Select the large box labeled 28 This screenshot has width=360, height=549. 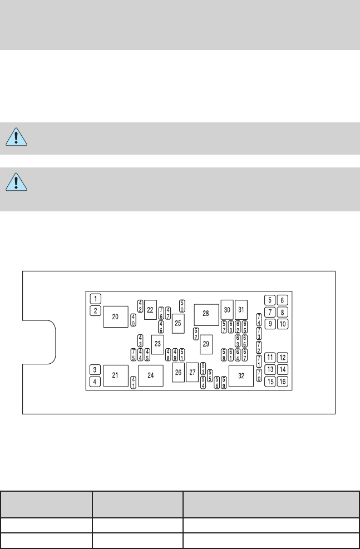[206, 314]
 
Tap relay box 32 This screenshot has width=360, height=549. [241, 376]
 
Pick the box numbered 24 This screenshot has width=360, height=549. [150, 376]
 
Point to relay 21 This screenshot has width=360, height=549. [116, 375]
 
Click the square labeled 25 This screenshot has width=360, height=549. [178, 323]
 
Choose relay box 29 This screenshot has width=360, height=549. [206, 345]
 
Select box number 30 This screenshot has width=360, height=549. [226, 309]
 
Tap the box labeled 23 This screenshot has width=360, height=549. [157, 344]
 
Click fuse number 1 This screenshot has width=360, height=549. [96, 298]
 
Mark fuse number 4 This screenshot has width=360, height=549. [96, 382]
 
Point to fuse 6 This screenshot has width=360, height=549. [283, 300]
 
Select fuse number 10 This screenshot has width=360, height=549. [283, 324]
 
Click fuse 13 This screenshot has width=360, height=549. [270, 369]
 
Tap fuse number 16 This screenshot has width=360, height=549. [283, 382]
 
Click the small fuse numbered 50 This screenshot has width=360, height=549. [182, 306]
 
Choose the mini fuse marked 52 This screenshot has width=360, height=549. [196, 334]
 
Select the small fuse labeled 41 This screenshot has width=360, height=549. [134, 382]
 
